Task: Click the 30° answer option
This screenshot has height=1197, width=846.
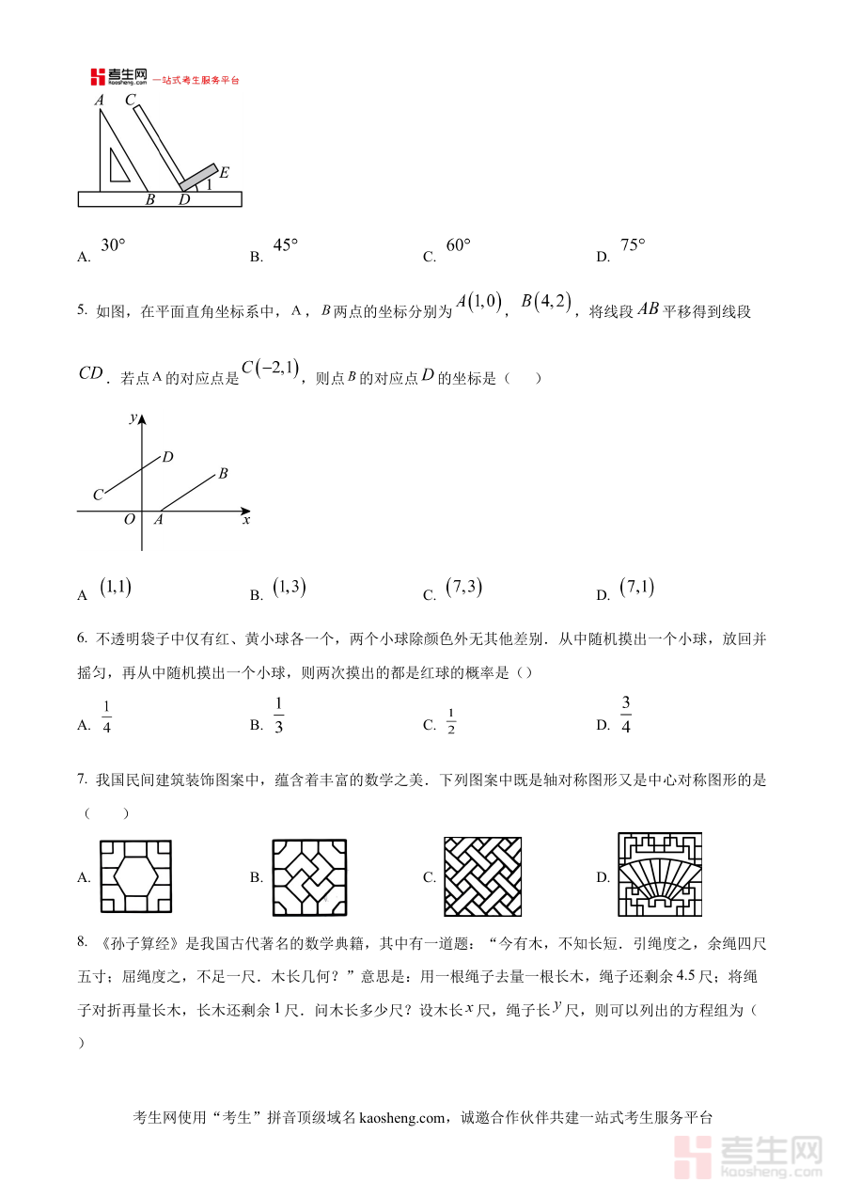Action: pos(113,245)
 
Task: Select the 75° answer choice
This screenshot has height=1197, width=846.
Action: pos(633,245)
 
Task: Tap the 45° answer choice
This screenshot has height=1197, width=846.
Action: pos(285,245)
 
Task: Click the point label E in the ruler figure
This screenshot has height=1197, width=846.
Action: pos(225,173)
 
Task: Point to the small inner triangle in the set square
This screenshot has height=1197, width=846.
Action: pos(118,165)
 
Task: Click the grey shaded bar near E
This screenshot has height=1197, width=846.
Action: pos(198,177)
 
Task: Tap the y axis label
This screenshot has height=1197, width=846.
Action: pos(134,417)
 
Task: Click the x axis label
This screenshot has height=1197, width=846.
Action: pos(246,519)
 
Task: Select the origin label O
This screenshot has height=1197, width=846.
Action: pos(130,519)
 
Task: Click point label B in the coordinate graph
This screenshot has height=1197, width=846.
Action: pos(223,474)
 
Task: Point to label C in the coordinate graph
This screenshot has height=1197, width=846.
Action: pos(97,495)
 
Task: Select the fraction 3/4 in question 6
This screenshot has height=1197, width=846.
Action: pos(625,715)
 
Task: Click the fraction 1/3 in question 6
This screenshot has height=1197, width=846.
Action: pos(279,715)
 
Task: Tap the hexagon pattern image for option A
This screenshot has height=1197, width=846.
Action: pos(136,876)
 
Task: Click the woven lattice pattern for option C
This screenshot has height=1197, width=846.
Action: pos(483,876)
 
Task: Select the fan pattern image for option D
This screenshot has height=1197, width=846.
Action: pos(659,874)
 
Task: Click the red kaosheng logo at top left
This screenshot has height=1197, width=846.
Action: pos(98,78)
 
